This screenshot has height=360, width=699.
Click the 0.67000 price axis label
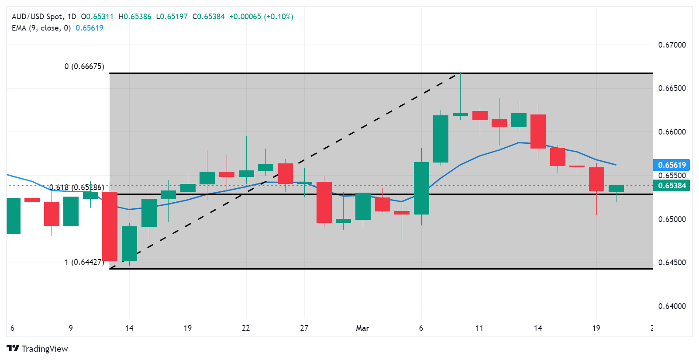tap(671, 45)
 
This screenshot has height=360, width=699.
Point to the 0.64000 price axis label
tap(671, 306)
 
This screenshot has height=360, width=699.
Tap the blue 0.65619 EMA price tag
tap(671, 165)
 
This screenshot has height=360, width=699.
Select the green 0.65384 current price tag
tap(671, 186)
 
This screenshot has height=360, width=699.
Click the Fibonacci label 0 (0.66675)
tap(84, 66)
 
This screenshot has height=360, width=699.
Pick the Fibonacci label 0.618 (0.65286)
tap(76, 187)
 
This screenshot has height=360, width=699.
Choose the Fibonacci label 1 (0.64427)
tap(84, 262)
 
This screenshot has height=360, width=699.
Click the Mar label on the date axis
tap(362, 328)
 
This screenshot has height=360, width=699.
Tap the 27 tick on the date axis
tap(304, 328)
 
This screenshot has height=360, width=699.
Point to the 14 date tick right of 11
tap(538, 328)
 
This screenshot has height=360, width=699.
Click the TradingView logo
tap(38, 349)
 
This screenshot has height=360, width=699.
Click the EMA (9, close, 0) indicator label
tap(41, 28)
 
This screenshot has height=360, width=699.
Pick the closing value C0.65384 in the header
tap(209, 17)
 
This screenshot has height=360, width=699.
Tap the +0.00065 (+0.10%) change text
tap(261, 17)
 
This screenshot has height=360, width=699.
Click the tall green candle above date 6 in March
tap(421, 188)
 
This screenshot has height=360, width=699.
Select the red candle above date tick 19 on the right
tap(596, 179)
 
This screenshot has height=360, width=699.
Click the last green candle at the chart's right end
tap(616, 189)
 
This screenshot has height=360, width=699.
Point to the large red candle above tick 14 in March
tap(538, 132)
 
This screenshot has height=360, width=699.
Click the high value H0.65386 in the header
tap(135, 17)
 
